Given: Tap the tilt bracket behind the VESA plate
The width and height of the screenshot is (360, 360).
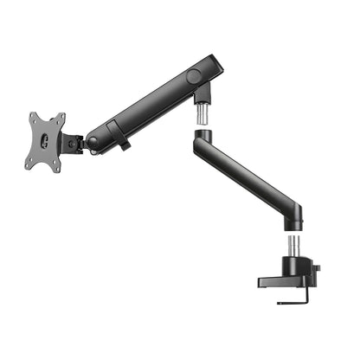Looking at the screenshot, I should [74, 142].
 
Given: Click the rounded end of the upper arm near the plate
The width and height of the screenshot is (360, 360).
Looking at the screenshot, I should [96, 135].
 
